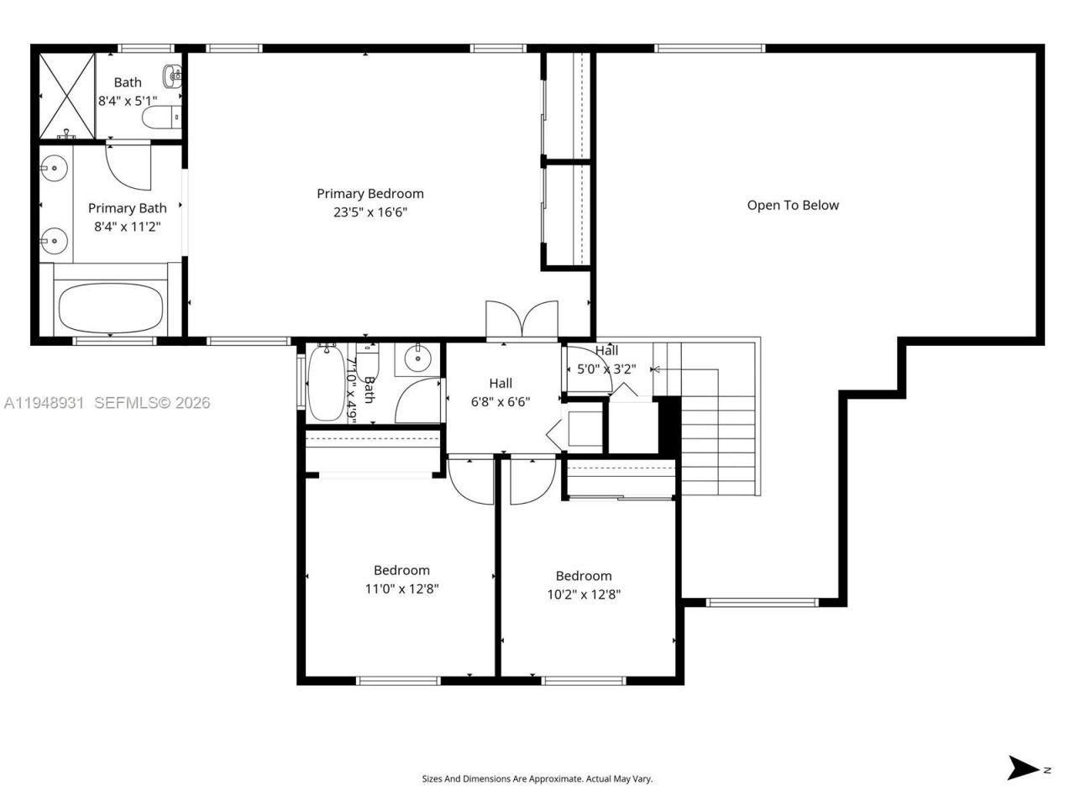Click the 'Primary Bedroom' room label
point(370,193)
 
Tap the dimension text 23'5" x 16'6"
point(370,212)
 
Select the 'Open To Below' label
point(793,205)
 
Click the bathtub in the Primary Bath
point(110,307)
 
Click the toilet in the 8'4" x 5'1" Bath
point(160,117)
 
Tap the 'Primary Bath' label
point(127,207)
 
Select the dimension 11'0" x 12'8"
point(401,589)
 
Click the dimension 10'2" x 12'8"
point(583,594)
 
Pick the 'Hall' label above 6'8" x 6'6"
point(501,384)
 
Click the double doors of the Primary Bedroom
point(522,321)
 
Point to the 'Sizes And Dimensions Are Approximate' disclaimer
point(537,779)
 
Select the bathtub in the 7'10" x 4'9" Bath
point(326,384)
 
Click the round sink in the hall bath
point(417,359)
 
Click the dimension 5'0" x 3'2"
point(606,368)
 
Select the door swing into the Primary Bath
point(128,166)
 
